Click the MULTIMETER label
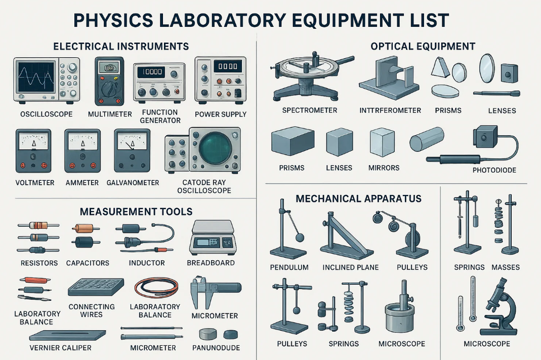[x=110, y=114]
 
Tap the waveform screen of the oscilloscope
[x=36, y=76]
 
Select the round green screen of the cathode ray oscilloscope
[x=213, y=148]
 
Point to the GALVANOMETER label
[x=133, y=183]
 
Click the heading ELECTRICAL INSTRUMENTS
[x=121, y=47]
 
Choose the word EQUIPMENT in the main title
[x=348, y=20]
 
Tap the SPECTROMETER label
[x=310, y=110]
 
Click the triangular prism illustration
[x=441, y=67]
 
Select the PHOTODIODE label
[x=494, y=170]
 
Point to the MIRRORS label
[x=384, y=168]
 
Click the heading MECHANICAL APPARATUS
[x=358, y=199]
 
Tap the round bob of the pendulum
[x=300, y=237]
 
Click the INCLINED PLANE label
[x=351, y=267]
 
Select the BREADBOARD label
[x=211, y=263]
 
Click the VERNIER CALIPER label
[x=60, y=348]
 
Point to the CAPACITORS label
[x=88, y=263]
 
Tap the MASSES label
[x=506, y=267]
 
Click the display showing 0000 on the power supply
[x=228, y=66]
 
